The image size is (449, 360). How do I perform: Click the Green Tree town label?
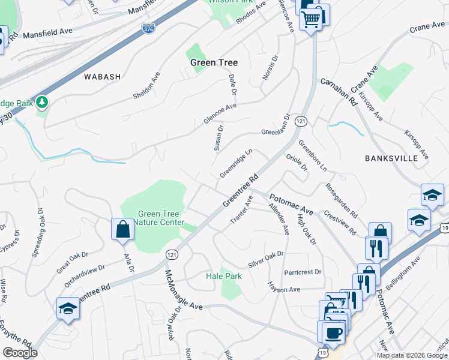pos(214,62)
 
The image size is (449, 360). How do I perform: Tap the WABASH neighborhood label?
pos(103,77)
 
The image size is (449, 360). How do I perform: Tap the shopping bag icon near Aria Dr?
pos(122,230)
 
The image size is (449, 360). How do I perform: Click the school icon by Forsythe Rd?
pos(68,309)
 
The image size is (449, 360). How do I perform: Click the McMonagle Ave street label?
pos(184,290)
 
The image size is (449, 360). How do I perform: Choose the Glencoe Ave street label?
pos(220,113)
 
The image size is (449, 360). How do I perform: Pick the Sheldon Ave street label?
pos(146,86)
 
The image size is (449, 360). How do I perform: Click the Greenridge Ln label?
pos(235,164)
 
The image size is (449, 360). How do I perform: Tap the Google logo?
pos(20,353)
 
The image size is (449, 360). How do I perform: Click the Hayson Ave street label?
pos(284,289)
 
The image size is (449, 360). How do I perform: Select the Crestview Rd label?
pos(340,223)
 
